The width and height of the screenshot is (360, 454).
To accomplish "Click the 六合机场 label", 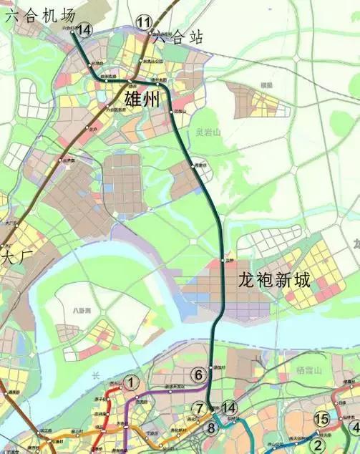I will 39,14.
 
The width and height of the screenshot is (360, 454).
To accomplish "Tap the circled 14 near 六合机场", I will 85,29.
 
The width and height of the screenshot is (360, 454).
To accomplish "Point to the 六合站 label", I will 179,37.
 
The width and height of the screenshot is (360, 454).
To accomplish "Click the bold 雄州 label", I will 143,100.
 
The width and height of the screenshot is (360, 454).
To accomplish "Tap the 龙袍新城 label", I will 275,280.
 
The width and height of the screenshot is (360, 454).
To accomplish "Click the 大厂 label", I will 14,255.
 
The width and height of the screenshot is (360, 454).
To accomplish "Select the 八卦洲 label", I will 82,311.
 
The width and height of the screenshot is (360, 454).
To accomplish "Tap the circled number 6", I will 199,374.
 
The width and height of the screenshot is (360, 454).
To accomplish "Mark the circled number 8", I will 210,429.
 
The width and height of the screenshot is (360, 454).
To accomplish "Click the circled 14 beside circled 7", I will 229,407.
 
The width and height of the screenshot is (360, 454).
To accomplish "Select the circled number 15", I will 322,419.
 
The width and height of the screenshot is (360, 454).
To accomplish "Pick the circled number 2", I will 318,443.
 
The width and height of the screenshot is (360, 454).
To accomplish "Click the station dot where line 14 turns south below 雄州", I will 174,110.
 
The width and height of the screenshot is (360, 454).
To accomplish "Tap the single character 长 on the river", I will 94,375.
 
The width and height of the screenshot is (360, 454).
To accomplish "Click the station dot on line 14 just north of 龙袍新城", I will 224,261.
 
